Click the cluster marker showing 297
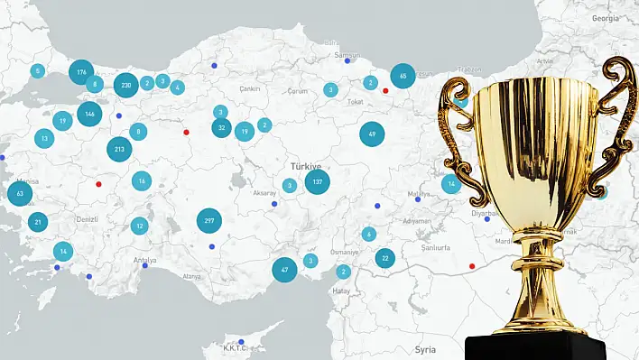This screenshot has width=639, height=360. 209,221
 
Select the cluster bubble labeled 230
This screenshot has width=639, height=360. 125,85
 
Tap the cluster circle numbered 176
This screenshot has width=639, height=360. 81,71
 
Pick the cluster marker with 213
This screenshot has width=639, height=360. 120,149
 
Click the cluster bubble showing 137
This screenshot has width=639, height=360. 317,182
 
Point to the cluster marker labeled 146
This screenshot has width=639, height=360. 88,114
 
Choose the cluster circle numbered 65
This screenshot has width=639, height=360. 403,77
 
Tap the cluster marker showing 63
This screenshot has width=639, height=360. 19,193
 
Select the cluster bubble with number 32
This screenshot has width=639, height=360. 221,128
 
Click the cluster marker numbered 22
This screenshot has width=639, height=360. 384,258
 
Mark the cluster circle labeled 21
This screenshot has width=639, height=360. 38,222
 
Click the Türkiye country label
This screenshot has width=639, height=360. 305,167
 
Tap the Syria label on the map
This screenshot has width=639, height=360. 424,348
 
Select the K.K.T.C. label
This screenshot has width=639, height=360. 241,347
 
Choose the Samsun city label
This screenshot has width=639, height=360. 347,55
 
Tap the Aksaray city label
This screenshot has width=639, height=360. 265,193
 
